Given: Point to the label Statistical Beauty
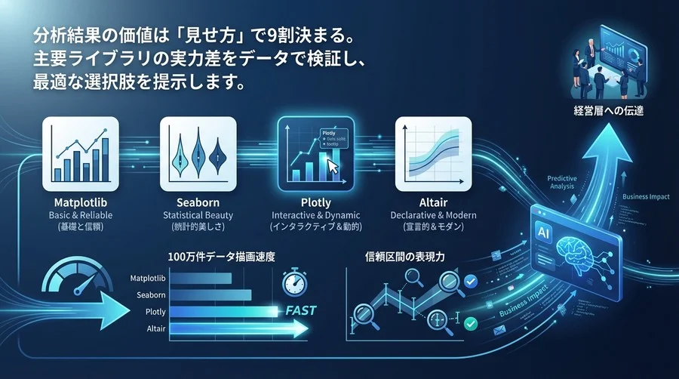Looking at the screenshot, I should [x=198, y=216].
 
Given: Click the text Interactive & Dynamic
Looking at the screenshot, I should [x=315, y=216].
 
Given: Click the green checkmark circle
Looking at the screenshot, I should [x=471, y=323].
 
